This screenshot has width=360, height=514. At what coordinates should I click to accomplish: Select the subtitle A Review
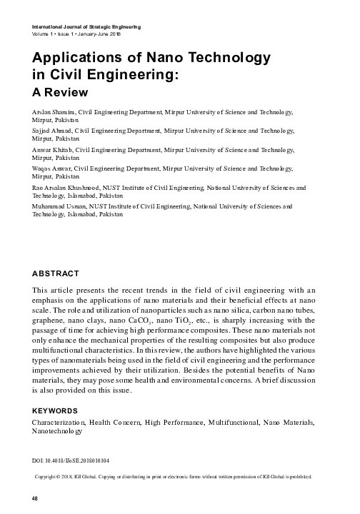click(x=60, y=92)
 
